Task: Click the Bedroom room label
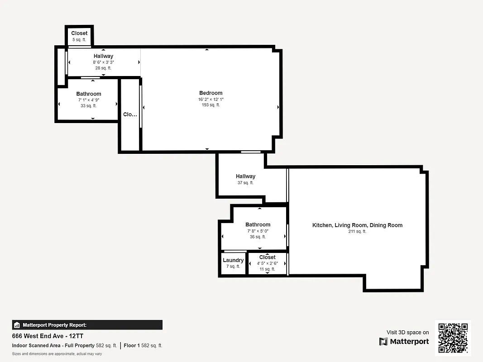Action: point(210,93)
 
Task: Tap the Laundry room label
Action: point(233,260)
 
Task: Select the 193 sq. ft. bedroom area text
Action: point(210,105)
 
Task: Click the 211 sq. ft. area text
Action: point(357,231)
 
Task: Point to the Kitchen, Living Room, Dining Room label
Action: point(357,225)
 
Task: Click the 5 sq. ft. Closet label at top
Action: point(79,33)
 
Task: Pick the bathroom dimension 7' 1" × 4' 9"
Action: point(89,100)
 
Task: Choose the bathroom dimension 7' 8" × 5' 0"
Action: point(258,230)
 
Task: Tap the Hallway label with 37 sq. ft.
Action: point(245,176)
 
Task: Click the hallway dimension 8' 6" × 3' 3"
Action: point(103,62)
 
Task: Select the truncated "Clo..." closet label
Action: point(130,114)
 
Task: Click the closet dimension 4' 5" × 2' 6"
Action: point(267,263)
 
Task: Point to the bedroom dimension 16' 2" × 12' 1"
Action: point(210,99)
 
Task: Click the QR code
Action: point(453,338)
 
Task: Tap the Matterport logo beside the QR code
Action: point(404,341)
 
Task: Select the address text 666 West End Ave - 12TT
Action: point(48,336)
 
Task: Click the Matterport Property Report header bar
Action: point(87,325)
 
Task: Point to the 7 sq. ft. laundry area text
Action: point(233,267)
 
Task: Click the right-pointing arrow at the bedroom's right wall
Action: point(278,107)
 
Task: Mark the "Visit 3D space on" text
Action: point(407,332)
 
